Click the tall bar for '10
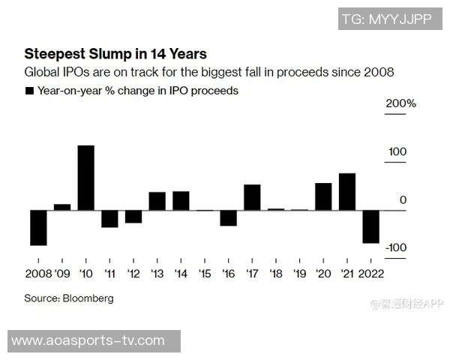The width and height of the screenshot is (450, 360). pyautogui.click(x=86, y=178)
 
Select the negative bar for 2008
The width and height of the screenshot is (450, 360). pyautogui.click(x=38, y=228)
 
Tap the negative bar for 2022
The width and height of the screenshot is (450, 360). pyautogui.click(x=370, y=226)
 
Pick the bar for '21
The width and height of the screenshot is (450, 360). pyautogui.click(x=347, y=192)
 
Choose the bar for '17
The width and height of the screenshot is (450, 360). pyautogui.click(x=252, y=197)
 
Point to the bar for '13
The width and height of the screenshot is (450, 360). pyautogui.click(x=157, y=201)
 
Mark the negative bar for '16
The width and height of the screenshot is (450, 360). pyautogui.click(x=228, y=218)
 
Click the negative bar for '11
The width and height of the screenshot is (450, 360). pyautogui.click(x=109, y=219)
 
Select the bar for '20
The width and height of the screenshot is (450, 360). pyautogui.click(x=323, y=196)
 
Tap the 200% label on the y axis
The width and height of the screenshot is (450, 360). pyautogui.click(x=400, y=103)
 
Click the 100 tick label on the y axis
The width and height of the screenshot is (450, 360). pyautogui.click(x=397, y=152)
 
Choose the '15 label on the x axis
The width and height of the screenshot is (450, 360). pyautogui.click(x=204, y=273)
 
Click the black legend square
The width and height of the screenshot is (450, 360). pyautogui.click(x=29, y=91)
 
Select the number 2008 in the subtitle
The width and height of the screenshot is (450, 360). pyautogui.click(x=379, y=73)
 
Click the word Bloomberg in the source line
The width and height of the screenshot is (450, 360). pyautogui.click(x=89, y=298)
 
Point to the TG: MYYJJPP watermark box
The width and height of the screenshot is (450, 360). pyautogui.click(x=386, y=19)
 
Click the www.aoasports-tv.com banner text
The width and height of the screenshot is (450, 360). pyautogui.click(x=88, y=340)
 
